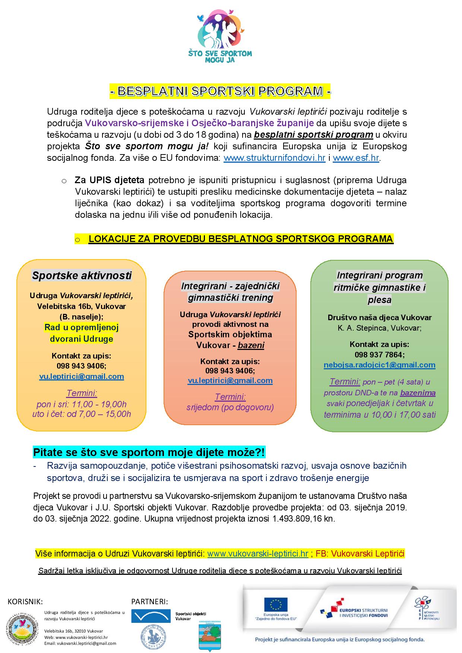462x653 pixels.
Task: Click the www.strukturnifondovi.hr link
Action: pos(274,158)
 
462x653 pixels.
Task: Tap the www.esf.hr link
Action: pos(356,158)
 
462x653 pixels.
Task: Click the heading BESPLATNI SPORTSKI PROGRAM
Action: pos(220,91)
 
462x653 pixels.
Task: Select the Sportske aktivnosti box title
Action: pos(82,276)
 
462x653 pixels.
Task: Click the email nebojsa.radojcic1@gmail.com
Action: pos(379,365)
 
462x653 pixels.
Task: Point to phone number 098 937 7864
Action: pos(379,355)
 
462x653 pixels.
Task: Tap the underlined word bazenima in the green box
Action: pos(418,393)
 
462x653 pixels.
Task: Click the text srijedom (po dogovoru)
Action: pos(230,407)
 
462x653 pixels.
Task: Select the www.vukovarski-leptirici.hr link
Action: pos(257,554)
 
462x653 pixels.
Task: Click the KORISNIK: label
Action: pos(25,602)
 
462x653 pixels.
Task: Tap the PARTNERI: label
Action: pos(149,602)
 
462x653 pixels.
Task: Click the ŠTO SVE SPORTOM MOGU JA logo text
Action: pos(225,57)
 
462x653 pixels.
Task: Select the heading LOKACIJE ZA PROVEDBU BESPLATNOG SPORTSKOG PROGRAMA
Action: pos(241,239)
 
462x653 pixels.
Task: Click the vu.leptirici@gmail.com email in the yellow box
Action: pos(82,376)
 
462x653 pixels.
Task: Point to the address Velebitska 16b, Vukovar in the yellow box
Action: pos(82,306)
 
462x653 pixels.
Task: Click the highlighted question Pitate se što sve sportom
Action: pos(149,452)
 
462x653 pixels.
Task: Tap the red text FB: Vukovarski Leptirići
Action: pos(360,554)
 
